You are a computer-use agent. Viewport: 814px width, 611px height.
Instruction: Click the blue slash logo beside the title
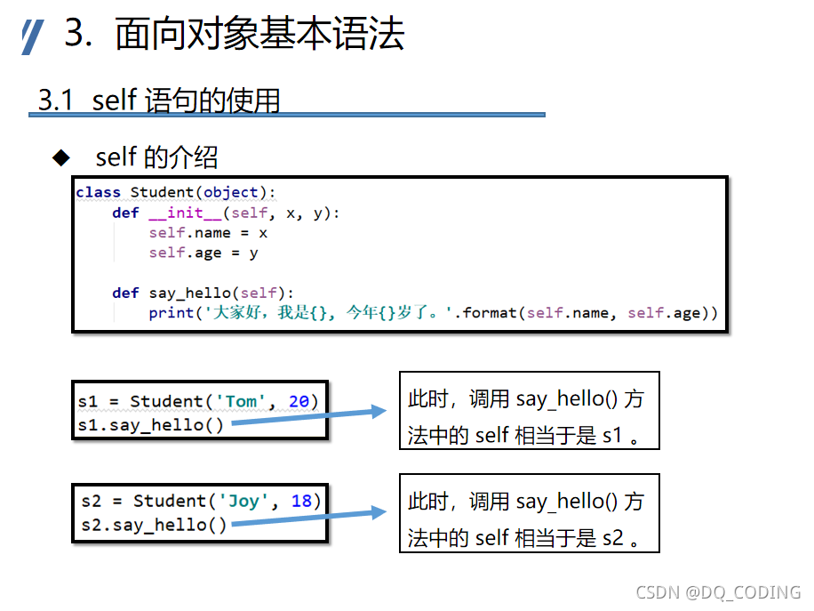pos(32,37)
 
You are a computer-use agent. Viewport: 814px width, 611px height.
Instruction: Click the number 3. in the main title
pos(80,35)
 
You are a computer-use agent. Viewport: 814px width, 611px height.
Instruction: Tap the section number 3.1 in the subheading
pos(55,100)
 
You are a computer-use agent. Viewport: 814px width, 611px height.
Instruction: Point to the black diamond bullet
pos(60,157)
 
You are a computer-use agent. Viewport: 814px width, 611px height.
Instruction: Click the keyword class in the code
pos(98,192)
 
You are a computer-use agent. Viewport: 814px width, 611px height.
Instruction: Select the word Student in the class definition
pos(161,192)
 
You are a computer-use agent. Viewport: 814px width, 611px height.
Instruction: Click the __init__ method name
pos(185,213)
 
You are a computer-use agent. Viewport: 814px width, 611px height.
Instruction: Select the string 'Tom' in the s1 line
pos(241,401)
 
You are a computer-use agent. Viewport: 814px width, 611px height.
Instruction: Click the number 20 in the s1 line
pos(299,401)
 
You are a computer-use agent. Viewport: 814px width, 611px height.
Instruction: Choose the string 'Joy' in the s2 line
pos(243,501)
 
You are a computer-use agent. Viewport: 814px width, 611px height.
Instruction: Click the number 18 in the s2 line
pos(301,501)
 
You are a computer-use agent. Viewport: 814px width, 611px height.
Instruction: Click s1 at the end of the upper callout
pos(612,436)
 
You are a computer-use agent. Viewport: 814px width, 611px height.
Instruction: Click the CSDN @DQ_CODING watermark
pos(718,592)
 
